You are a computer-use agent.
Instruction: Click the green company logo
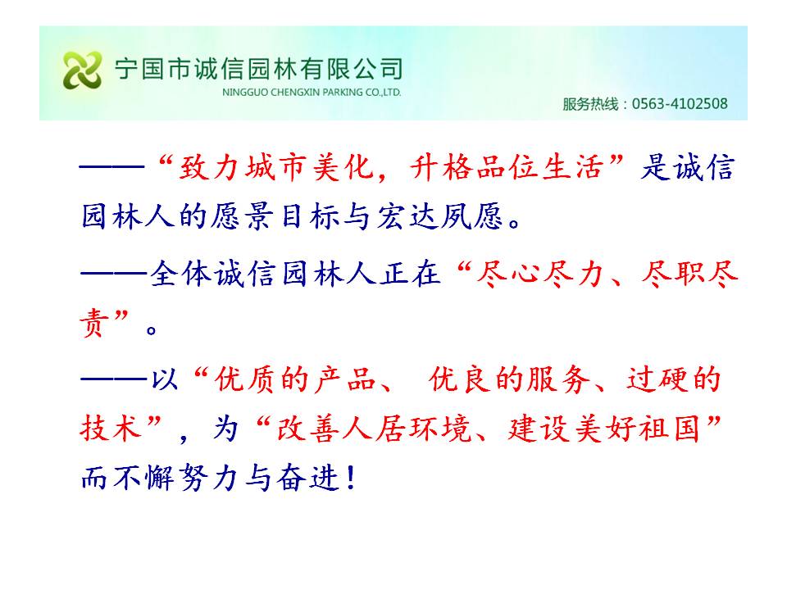tap(82, 70)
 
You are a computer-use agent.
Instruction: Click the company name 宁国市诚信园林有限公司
tap(258, 69)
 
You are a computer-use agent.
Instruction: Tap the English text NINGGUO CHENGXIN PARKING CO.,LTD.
tap(312, 93)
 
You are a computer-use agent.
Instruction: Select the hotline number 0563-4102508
tap(680, 104)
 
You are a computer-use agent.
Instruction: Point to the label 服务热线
tap(590, 104)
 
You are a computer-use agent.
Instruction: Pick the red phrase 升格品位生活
tap(507, 167)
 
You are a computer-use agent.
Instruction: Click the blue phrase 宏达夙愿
tap(439, 216)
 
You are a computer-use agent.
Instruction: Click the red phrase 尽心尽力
tap(539, 275)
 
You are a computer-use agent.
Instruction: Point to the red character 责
tap(94, 323)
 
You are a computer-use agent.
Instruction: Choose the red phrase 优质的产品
tap(295, 379)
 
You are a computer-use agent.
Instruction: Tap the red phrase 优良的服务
tap(510, 379)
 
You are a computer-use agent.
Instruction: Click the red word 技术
tap(111, 428)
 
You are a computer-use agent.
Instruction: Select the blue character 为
tap(225, 429)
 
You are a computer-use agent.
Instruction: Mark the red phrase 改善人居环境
tap(375, 429)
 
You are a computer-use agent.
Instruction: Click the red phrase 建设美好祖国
tap(604, 429)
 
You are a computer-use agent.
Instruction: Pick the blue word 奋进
tap(309, 477)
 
